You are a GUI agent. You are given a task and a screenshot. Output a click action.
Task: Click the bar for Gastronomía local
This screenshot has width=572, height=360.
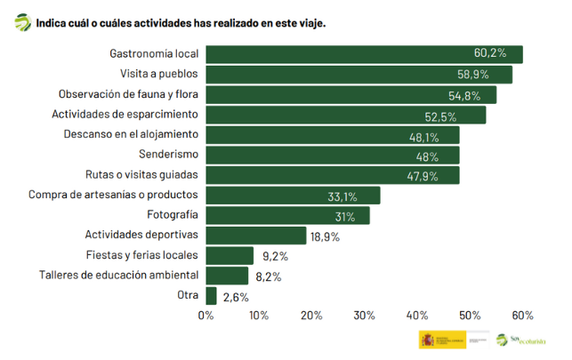[x=364, y=54]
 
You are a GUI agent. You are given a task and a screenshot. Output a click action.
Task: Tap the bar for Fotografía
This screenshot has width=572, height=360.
[x=287, y=215]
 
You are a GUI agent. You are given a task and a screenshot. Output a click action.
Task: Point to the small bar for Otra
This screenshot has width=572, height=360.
[x=212, y=296]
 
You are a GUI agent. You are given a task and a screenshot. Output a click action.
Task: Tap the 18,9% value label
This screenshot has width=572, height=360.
[x=323, y=236]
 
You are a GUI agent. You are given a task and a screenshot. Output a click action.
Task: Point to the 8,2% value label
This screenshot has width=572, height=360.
[x=268, y=276]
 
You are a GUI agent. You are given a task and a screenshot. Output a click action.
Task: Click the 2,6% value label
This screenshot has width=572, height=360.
[x=235, y=296]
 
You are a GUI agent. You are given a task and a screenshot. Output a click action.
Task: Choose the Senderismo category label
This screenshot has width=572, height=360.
[x=168, y=155]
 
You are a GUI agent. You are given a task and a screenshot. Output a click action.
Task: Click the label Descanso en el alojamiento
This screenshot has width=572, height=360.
[x=131, y=135]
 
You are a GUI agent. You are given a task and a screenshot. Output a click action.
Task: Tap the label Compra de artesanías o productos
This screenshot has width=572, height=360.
[x=113, y=195]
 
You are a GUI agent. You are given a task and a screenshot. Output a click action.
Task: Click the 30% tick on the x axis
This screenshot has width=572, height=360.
[x=365, y=316]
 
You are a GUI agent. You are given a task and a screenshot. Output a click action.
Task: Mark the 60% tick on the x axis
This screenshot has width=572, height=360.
[x=523, y=316]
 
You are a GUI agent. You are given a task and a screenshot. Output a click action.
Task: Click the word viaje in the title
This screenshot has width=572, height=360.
[x=310, y=21]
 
